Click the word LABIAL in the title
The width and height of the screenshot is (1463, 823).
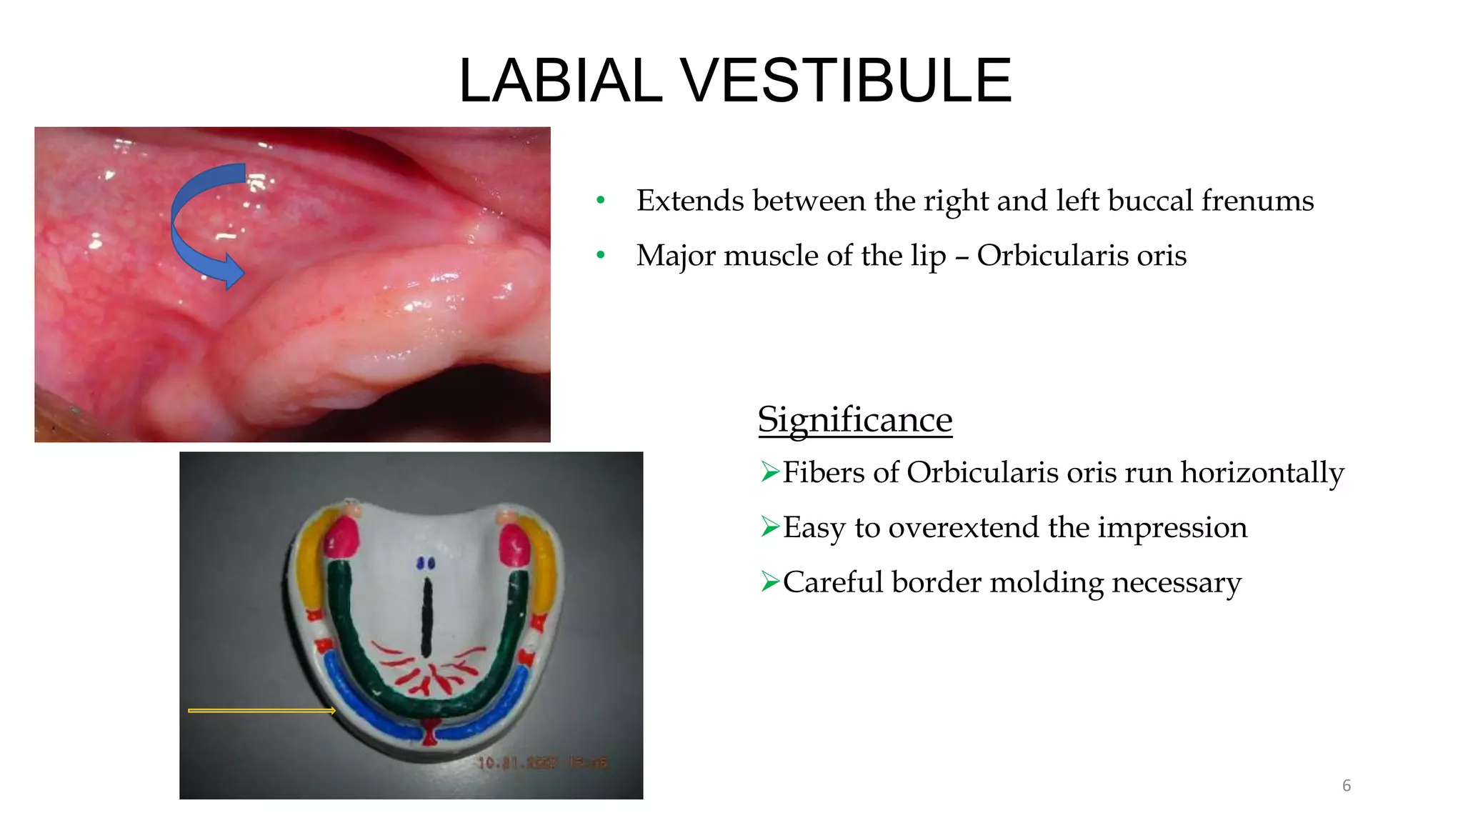560,81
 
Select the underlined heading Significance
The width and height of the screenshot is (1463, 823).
854,419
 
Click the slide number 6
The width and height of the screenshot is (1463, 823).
1346,786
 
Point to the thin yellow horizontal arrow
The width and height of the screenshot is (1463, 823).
261,711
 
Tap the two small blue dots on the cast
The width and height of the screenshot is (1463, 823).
426,564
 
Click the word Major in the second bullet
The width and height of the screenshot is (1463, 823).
676,256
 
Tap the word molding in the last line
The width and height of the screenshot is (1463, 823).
1057,583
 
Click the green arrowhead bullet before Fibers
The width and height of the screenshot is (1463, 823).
769,472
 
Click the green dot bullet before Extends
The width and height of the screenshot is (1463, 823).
601,201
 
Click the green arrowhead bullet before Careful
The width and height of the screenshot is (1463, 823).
769,582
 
